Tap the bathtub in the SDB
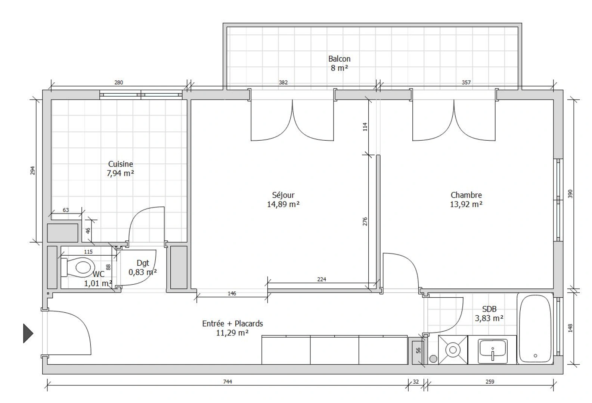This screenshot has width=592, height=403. click(535, 329)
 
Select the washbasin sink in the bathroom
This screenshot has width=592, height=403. click(492, 351)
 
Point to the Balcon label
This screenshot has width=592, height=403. click(340, 59)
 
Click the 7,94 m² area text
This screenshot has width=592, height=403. click(120, 173)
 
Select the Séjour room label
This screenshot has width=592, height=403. click(283, 195)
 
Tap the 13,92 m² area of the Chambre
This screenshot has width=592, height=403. click(466, 204)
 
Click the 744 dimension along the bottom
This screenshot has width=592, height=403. click(227, 382)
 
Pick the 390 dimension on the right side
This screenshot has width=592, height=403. click(570, 194)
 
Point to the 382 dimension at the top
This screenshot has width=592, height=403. click(283, 82)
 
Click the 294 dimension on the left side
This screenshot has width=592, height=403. click(32, 171)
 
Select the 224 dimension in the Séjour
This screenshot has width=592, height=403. click(322, 279)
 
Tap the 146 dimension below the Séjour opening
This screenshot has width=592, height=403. click(232, 293)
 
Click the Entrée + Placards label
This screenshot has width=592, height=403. click(233, 324)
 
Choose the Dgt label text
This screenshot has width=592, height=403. click(143, 263)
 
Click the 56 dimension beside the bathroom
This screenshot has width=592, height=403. click(418, 350)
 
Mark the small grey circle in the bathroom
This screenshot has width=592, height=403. click(433, 359)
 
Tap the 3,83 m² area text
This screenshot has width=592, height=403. click(489, 318)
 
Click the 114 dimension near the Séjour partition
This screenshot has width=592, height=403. click(365, 127)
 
